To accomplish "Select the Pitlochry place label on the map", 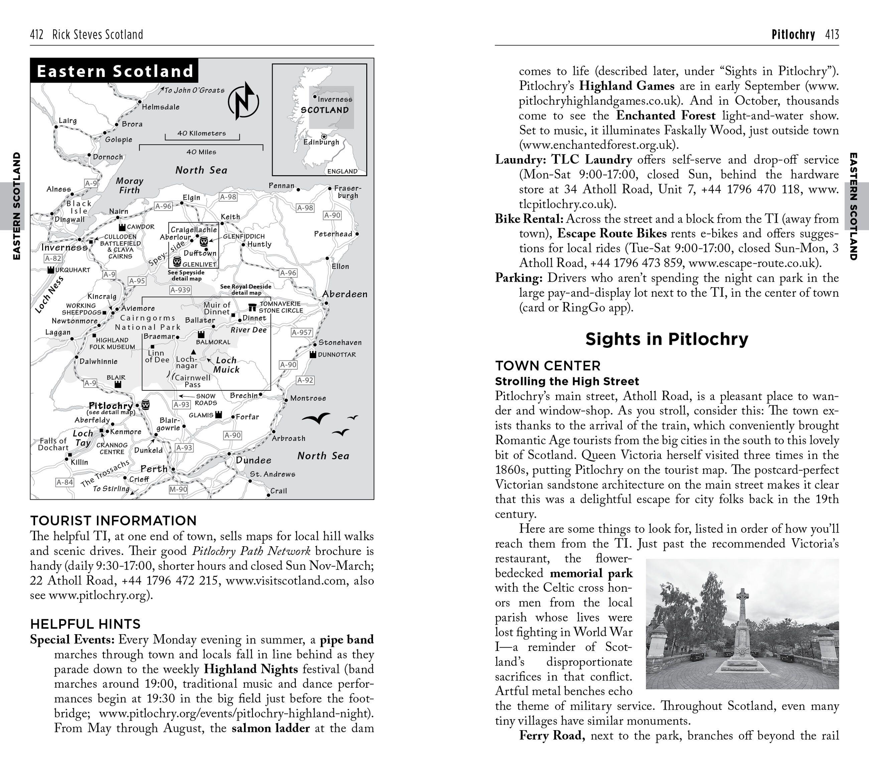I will click(111, 405).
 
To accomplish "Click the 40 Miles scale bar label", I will click(201, 152).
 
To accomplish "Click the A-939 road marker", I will click(180, 290).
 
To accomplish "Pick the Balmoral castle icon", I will click(201, 334).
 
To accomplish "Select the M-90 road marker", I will click(178, 489).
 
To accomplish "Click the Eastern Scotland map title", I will click(115, 71).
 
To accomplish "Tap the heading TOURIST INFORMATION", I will click(113, 521).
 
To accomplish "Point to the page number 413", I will click(832, 34).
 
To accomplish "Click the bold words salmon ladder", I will click(270, 728).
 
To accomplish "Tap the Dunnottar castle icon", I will click(313, 354).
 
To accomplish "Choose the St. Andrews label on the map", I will click(272, 474).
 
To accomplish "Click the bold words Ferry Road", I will click(552, 736).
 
